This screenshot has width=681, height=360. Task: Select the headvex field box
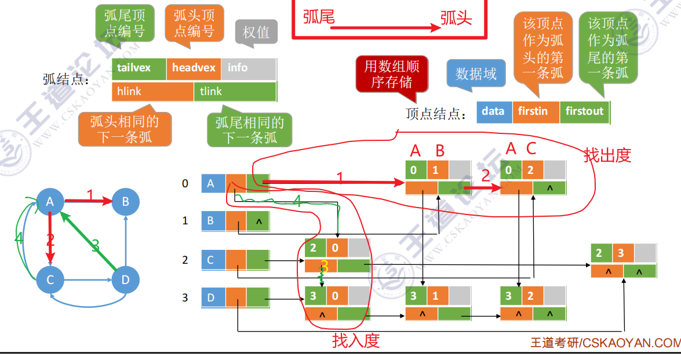click(194, 68)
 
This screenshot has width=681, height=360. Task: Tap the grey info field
click(247, 68)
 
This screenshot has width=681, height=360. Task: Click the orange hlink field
click(152, 92)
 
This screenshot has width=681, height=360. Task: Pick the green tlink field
click(235, 92)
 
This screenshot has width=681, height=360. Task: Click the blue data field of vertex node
click(494, 111)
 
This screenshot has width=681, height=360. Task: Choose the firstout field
click(584, 111)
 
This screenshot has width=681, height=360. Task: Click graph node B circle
click(125, 201)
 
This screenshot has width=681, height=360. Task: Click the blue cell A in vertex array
click(213, 184)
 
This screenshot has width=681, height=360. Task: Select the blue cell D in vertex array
click(213, 298)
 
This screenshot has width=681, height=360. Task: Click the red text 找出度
click(607, 155)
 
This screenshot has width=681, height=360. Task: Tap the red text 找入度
click(356, 340)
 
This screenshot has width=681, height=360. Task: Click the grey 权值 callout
click(256, 32)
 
